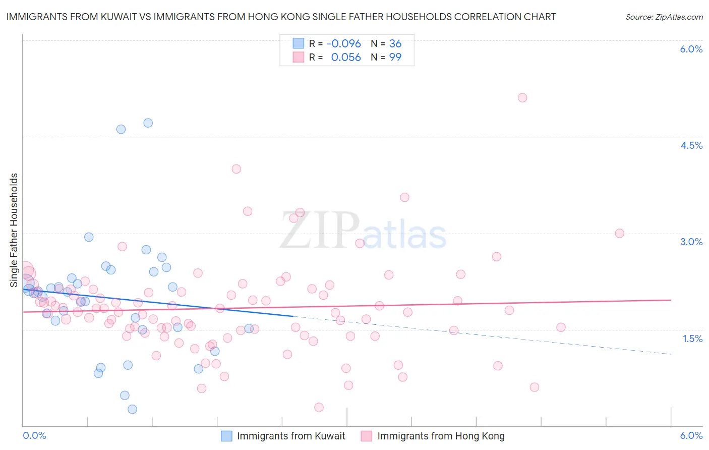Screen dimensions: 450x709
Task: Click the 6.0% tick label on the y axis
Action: tap(691, 49)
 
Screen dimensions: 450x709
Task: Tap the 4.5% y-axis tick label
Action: tap(691, 145)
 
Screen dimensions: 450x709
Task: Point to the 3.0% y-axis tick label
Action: tap(691, 242)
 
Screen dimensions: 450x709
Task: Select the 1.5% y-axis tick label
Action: tap(692, 339)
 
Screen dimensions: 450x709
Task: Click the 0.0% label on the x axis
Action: tap(34, 435)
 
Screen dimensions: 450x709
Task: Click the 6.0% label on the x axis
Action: tap(691, 435)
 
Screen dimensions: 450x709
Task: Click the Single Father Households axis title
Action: tap(14, 230)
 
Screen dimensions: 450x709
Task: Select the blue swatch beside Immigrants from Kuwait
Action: tap(226, 436)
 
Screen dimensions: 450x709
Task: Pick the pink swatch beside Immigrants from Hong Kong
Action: tap(367, 436)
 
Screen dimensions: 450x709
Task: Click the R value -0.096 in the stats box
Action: tap(343, 44)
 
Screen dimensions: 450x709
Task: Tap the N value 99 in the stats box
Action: tap(395, 58)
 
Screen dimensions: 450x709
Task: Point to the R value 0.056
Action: tap(346, 58)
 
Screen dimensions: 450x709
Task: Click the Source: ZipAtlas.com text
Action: tap(664, 17)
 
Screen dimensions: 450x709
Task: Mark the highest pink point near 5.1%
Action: tap(522, 98)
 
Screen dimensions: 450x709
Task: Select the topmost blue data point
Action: tap(148, 123)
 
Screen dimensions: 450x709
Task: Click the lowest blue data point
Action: tap(132, 409)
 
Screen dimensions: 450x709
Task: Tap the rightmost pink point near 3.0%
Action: tap(619, 233)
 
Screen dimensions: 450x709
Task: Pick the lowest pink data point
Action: tap(319, 407)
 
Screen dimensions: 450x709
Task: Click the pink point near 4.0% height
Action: tap(236, 169)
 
